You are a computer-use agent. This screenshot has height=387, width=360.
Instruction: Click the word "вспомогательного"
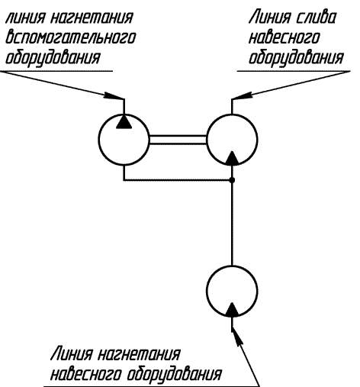click(70, 38)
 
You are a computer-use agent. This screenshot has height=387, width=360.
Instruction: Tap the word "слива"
click(316, 18)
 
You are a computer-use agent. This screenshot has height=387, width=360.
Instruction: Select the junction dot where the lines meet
click(232, 180)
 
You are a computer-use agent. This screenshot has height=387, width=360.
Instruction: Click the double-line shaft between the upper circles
click(178, 140)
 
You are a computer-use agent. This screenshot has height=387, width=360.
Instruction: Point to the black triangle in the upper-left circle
click(124, 121)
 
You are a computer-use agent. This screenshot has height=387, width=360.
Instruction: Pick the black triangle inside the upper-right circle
click(232, 158)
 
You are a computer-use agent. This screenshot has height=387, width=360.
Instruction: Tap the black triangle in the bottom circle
click(232, 309)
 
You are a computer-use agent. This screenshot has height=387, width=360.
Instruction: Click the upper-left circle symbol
click(98, 140)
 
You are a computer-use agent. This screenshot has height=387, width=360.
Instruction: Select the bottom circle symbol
click(206, 291)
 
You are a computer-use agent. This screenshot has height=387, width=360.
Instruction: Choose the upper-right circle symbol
click(206, 140)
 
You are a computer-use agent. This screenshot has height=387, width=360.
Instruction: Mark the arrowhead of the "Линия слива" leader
click(242, 95)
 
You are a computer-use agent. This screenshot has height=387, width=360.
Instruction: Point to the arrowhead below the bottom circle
click(236, 337)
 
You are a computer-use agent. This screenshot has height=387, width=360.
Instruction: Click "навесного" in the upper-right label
click(284, 38)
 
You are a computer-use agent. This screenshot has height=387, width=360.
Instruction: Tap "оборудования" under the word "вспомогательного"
click(53, 58)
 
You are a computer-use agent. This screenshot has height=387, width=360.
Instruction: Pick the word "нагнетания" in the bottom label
click(139, 353)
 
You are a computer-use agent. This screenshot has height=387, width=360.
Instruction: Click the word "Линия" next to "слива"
click(270, 18)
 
